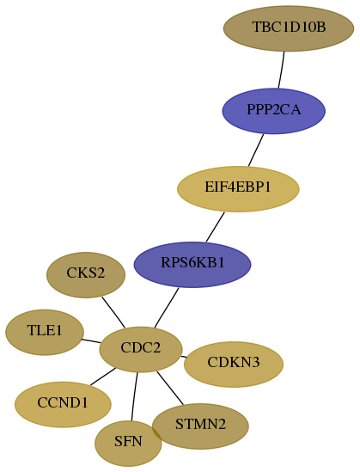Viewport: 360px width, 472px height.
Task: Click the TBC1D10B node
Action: click(x=289, y=28)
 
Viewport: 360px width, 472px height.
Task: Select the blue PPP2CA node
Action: click(x=274, y=111)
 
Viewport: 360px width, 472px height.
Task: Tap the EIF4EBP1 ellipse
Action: click(x=238, y=189)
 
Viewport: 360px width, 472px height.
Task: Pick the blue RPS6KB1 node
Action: click(x=192, y=264)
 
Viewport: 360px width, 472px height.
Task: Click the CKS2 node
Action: click(x=86, y=275)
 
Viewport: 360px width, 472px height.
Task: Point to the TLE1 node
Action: click(x=45, y=332)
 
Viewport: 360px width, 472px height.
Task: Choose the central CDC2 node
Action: click(x=141, y=349)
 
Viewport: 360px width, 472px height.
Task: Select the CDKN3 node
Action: click(x=234, y=364)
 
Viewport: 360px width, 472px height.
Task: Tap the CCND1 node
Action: click(x=63, y=404)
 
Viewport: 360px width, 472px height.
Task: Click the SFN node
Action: click(x=128, y=444)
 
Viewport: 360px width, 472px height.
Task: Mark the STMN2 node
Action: click(x=200, y=426)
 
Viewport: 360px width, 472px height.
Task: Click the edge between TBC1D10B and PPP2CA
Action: click(x=282, y=70)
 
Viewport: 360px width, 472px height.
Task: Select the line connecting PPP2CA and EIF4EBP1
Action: click(x=256, y=150)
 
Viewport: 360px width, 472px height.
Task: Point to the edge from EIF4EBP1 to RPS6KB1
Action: click(x=216, y=227)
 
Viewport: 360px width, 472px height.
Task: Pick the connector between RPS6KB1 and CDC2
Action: click(x=167, y=308)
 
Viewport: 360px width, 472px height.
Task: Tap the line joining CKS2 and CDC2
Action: click(x=113, y=312)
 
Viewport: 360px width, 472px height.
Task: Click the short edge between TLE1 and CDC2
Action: click(x=91, y=341)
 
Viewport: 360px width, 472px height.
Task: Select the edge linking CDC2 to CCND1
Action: click(x=103, y=377)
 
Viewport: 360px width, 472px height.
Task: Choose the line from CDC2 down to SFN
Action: click(x=134, y=396)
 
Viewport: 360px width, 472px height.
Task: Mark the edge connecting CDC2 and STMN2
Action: click(x=170, y=388)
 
